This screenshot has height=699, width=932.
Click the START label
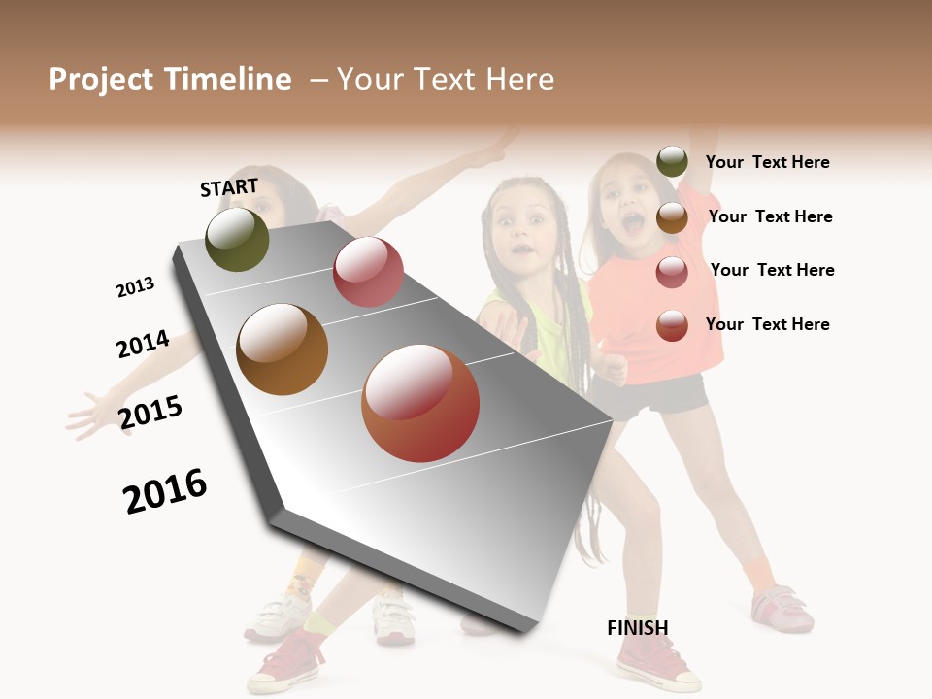pyautogui.click(x=229, y=187)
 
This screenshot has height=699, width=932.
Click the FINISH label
pyautogui.click(x=638, y=628)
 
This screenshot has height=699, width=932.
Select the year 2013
pyautogui.click(x=135, y=287)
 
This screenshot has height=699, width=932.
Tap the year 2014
pyautogui.click(x=143, y=344)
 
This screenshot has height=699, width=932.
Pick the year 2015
pyautogui.click(x=150, y=413)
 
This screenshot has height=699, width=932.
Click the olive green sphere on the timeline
pyautogui.click(x=237, y=239)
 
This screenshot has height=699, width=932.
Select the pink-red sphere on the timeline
pyautogui.click(x=368, y=272)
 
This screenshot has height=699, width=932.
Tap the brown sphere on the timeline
pyautogui.click(x=282, y=349)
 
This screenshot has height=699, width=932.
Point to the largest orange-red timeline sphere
pyautogui.click(x=420, y=403)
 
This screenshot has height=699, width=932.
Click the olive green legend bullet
pyautogui.click(x=672, y=162)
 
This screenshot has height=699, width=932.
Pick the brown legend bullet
pyautogui.click(x=672, y=217)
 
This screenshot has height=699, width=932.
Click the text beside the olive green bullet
pyautogui.click(x=767, y=162)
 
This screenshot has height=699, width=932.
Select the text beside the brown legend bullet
pyautogui.click(x=770, y=216)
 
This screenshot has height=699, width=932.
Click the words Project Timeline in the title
pyautogui.click(x=170, y=80)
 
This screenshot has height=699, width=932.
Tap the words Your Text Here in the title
pyautogui.click(x=446, y=80)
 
